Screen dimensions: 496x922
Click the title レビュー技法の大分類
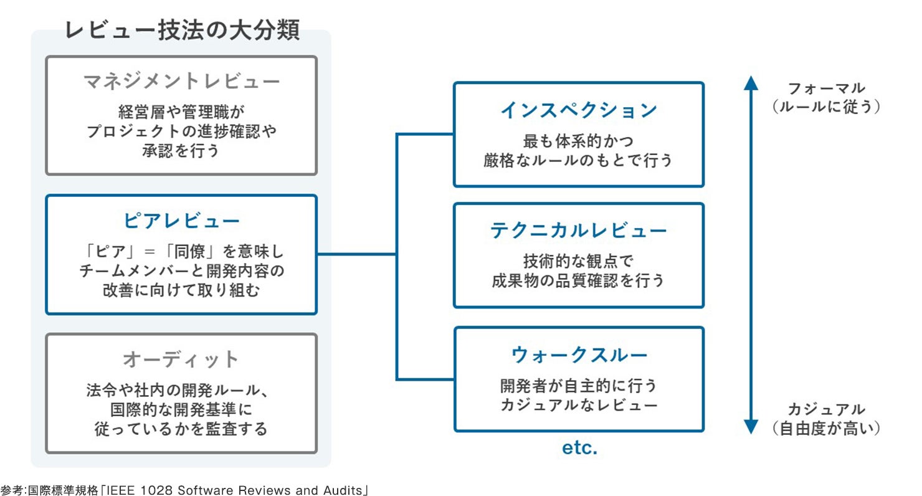point(182,30)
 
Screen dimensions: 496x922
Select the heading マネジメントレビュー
point(181,81)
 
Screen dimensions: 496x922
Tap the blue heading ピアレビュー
point(181,221)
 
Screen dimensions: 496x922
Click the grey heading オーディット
point(181,360)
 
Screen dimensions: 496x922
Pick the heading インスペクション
point(579,110)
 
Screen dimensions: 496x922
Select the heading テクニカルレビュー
point(579,231)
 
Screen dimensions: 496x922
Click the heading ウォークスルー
point(579,355)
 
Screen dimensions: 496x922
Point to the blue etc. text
point(579,447)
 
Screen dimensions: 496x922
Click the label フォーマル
point(826,88)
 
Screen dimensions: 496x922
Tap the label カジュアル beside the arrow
point(826,409)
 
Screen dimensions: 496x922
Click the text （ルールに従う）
point(826,107)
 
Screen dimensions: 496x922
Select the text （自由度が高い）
point(826,428)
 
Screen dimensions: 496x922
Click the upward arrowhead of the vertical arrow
point(751,82)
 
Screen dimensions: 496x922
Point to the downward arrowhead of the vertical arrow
point(751,427)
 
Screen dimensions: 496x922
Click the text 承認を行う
point(181,151)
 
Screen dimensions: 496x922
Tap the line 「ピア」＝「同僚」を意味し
point(181,252)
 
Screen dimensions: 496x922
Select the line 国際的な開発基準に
point(181,410)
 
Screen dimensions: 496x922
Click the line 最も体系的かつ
point(579,141)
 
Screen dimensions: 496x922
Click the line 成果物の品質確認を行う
point(579,280)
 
